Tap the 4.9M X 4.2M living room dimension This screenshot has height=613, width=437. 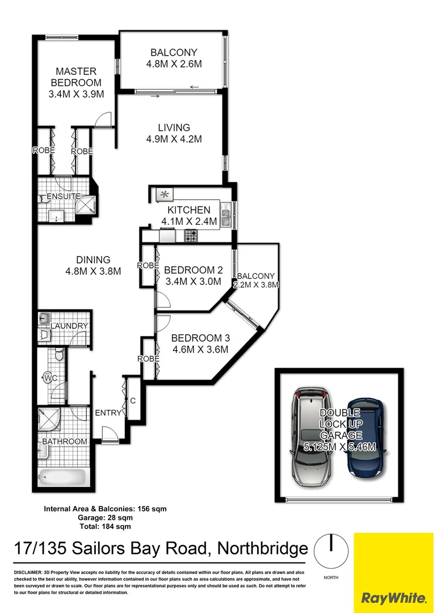[x=174, y=139]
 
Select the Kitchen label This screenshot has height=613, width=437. [x=188, y=210]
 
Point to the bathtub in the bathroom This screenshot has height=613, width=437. [x=62, y=476]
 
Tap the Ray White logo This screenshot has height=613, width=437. [x=394, y=597]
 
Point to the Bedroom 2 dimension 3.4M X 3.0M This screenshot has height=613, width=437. [x=192, y=280]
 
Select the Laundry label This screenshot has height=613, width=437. [x=69, y=326]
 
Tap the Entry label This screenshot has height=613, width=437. [x=108, y=413]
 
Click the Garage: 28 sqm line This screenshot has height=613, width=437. [x=104, y=518]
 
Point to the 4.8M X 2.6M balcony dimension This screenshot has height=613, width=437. [x=174, y=64]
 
